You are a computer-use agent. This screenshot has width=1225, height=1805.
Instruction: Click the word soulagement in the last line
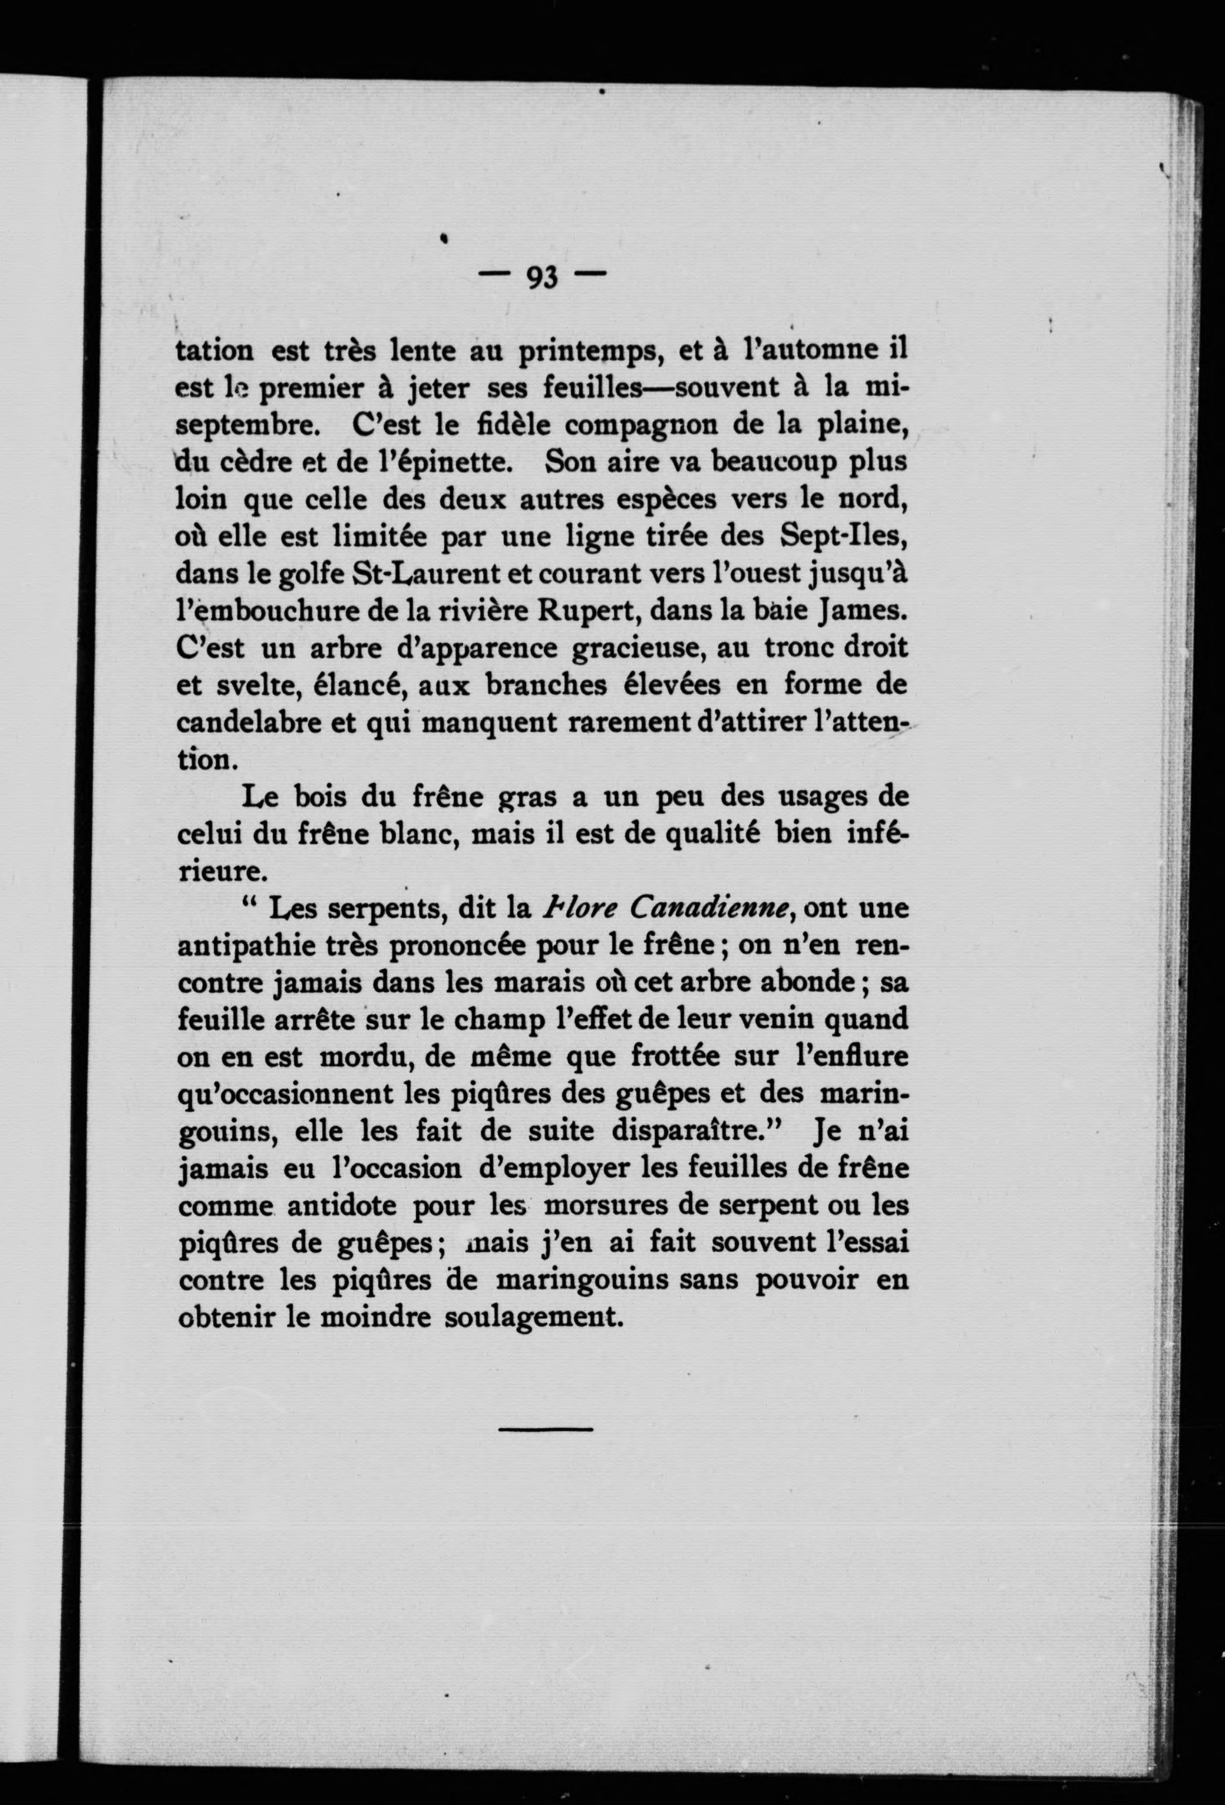click(x=533, y=1318)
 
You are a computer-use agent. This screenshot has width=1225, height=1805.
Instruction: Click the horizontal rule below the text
click(x=545, y=1428)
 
